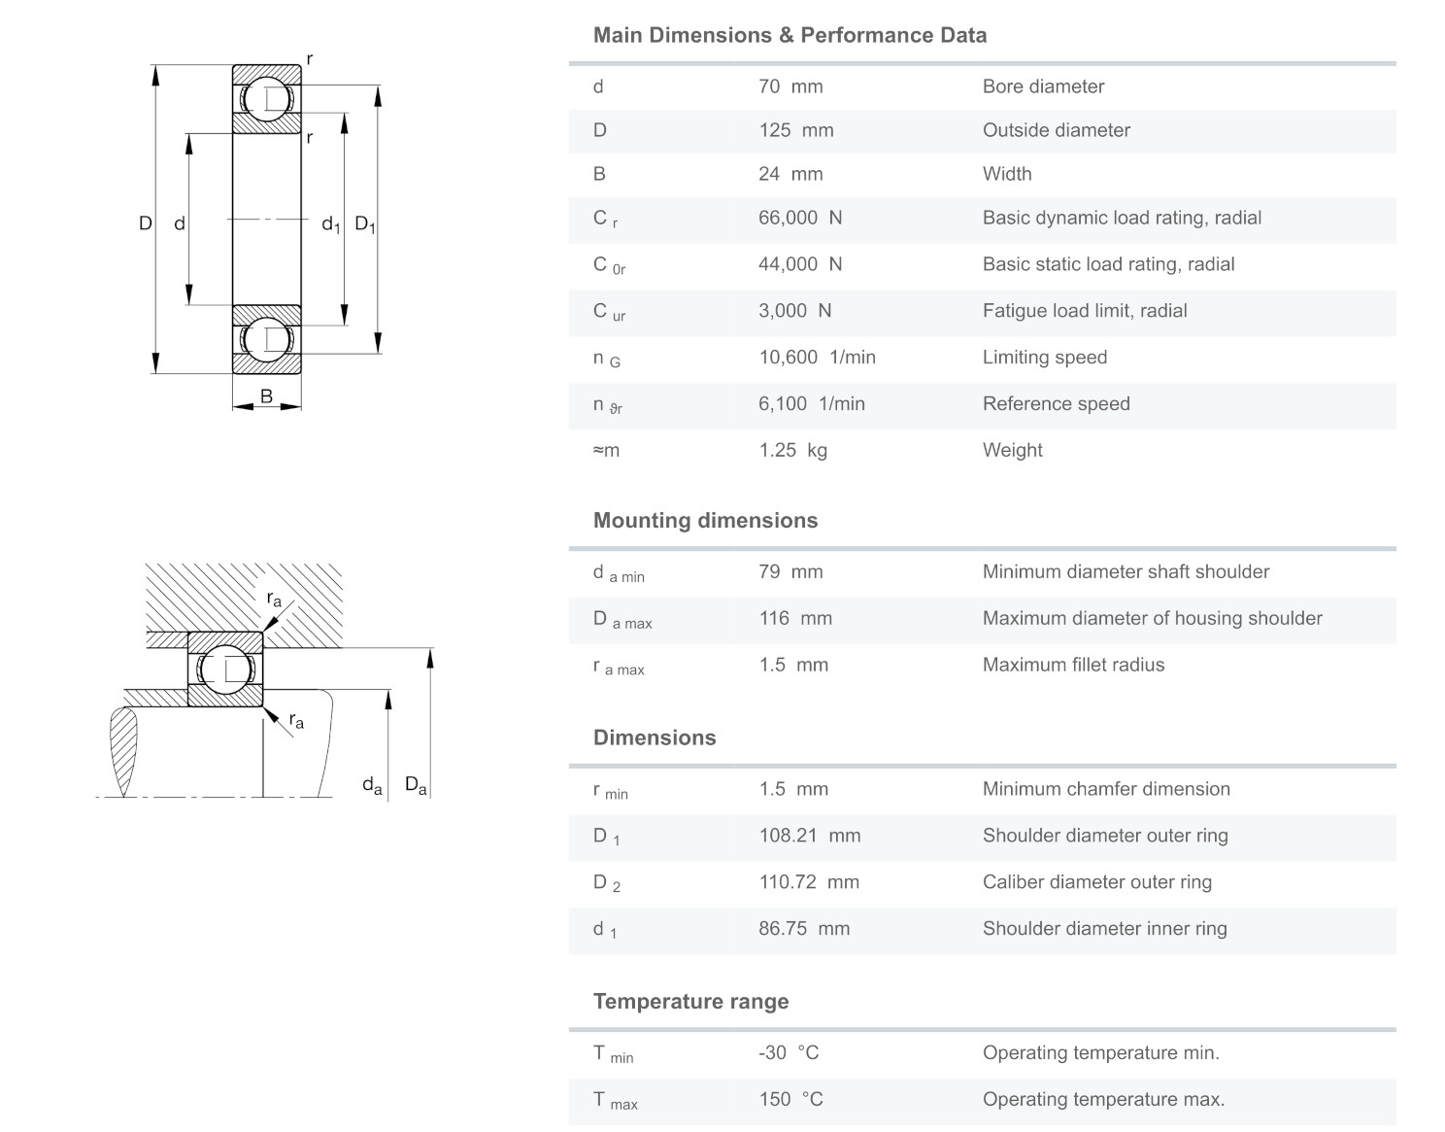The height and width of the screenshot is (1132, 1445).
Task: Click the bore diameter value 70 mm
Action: tap(790, 86)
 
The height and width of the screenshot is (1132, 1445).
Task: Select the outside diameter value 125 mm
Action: tap(795, 130)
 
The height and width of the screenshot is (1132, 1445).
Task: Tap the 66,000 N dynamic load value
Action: tap(799, 218)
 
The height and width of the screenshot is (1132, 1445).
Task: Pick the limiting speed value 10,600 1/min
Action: tap(817, 358)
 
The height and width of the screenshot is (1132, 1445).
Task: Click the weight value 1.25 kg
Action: tap(792, 450)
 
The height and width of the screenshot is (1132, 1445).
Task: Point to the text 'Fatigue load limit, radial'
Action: tap(1084, 311)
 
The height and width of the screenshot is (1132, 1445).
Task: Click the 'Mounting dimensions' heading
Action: tap(705, 521)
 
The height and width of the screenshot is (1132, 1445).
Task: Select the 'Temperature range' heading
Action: tap(690, 1002)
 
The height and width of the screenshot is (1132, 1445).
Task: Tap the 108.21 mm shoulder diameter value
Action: tap(809, 836)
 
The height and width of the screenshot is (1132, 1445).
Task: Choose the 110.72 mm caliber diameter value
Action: tap(808, 882)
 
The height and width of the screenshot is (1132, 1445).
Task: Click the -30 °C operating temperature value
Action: tap(789, 1052)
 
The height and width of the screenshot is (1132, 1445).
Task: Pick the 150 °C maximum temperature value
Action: tap(790, 1099)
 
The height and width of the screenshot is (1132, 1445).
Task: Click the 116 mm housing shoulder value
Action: tap(795, 618)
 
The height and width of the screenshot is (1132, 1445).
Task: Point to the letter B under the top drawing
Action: tap(266, 395)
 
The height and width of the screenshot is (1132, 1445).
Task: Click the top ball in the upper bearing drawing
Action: tap(266, 99)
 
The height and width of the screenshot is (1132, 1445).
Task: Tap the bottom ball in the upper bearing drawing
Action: tap(266, 339)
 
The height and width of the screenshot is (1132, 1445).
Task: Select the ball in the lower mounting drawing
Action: tap(224, 669)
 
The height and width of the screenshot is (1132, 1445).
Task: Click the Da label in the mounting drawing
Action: tap(416, 785)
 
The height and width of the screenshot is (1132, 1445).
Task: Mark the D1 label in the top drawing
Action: tap(365, 224)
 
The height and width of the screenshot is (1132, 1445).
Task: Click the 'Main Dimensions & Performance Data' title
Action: tap(790, 36)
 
